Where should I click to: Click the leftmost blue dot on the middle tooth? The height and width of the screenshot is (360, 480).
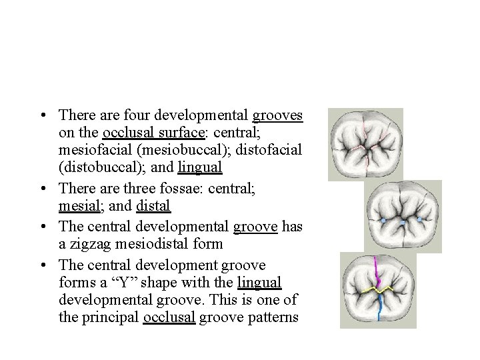[x=383, y=220]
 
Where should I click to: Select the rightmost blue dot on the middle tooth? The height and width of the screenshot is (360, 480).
[x=419, y=219]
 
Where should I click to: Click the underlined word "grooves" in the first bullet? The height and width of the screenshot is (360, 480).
[x=277, y=115]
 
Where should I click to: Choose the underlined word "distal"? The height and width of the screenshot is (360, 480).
[x=153, y=205]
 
